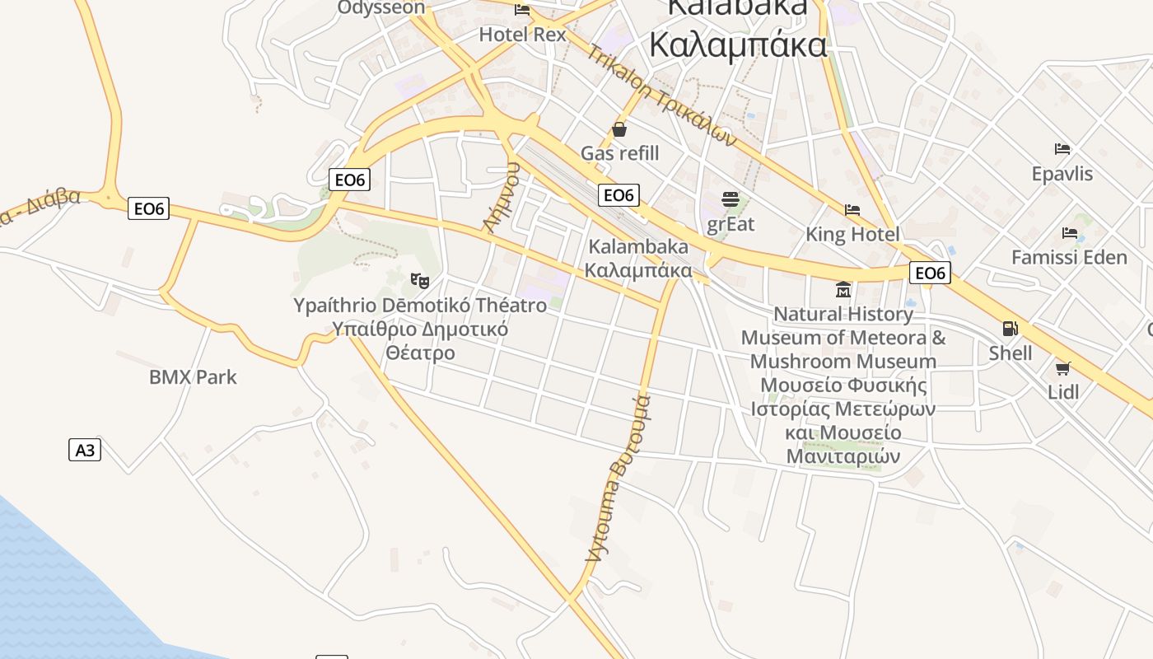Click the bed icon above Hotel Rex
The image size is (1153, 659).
522,10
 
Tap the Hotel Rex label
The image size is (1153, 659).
523,35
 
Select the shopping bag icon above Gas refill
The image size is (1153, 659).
619,129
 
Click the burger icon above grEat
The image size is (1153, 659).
730,199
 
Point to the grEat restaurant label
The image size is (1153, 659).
730,223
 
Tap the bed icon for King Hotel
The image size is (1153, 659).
852,210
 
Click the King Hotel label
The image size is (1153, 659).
852,235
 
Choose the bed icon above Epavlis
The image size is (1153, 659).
1062,149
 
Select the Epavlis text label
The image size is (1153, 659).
1062,174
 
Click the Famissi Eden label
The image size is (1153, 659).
1069,258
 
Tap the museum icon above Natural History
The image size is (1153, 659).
843,290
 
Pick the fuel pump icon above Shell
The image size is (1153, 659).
1010,329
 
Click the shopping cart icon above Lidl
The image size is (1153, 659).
1063,368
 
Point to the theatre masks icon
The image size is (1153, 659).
420,281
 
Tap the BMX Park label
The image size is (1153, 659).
193,377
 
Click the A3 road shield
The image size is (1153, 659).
85,450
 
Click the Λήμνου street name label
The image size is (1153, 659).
502,198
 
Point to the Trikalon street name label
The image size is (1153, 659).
661,95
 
